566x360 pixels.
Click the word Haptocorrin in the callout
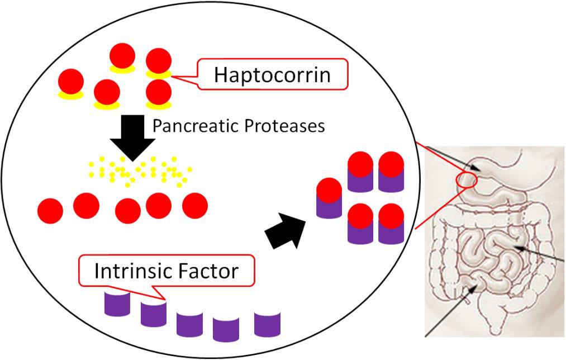272,75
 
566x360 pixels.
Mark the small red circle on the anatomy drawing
467,181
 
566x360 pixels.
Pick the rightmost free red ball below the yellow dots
195,206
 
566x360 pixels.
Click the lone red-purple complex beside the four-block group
329,198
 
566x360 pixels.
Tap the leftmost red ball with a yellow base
71,84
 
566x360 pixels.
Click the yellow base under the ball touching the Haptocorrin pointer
159,74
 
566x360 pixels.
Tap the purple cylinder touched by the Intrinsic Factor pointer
154,313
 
